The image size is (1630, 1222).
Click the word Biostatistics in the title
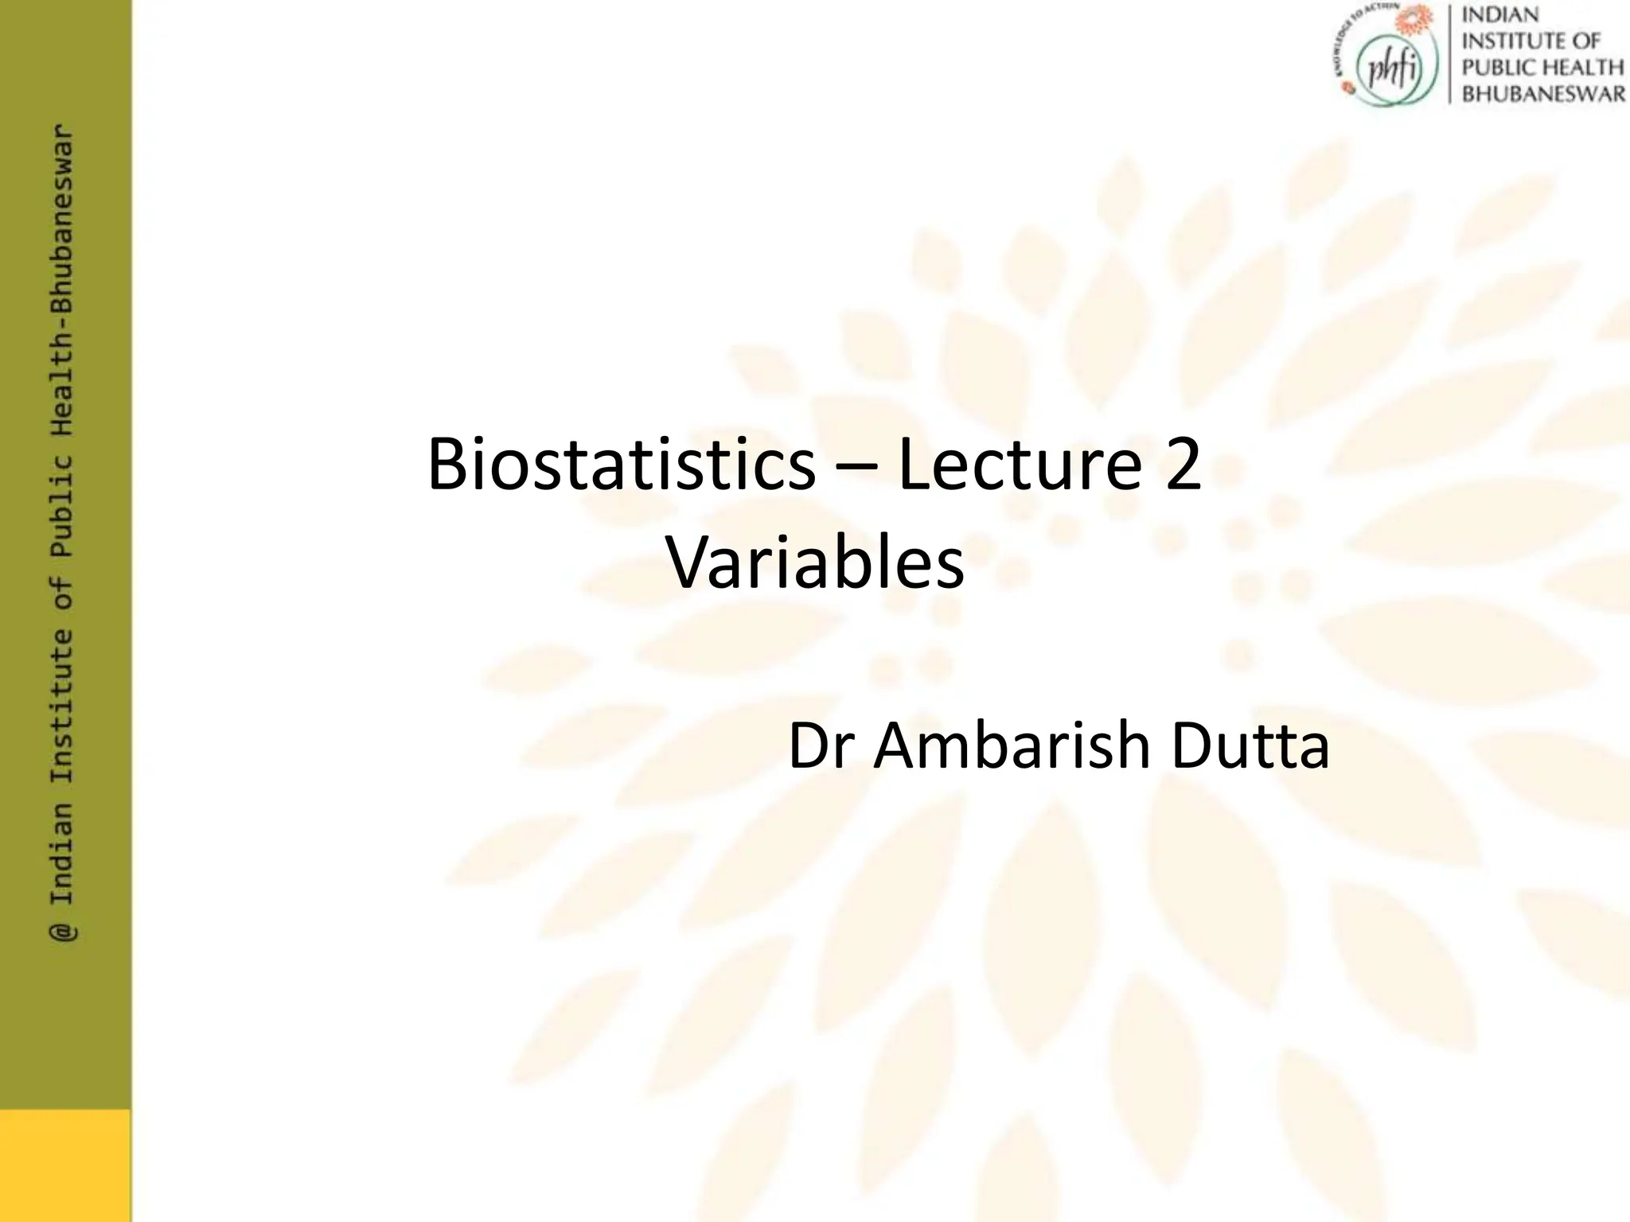click(x=621, y=465)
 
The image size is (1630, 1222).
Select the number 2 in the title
click(x=1183, y=465)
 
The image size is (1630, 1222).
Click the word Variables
click(x=816, y=562)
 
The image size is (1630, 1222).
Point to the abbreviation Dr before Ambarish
click(x=823, y=746)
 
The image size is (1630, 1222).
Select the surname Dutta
click(x=1250, y=746)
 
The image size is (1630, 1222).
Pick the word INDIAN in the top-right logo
click(x=1501, y=15)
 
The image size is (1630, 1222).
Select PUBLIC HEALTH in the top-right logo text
click(x=1543, y=68)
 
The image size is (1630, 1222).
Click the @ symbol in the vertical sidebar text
click(x=63, y=932)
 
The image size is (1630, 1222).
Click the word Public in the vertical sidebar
click(x=63, y=504)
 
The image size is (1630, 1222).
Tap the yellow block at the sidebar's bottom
click(x=65, y=1166)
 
